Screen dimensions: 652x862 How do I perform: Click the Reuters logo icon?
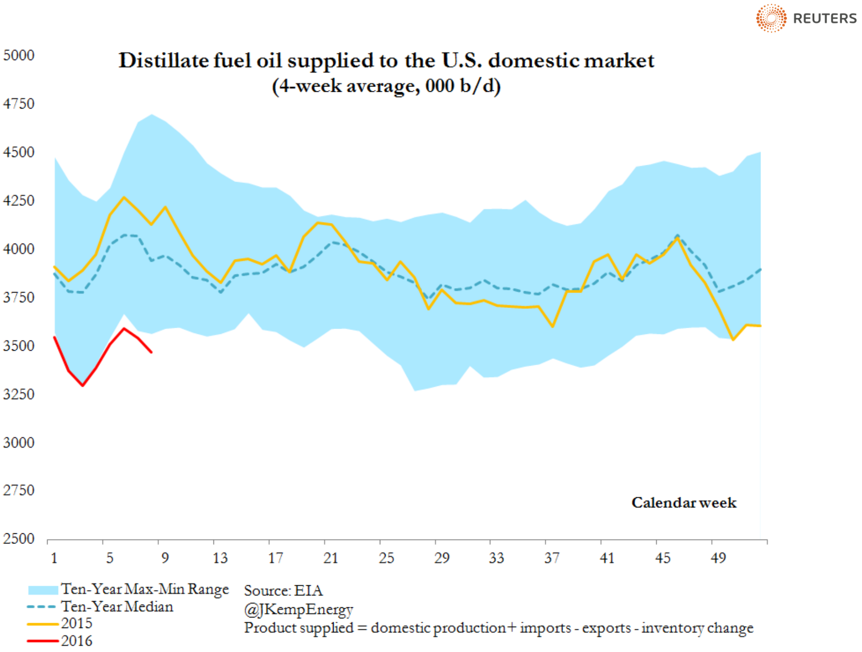[x=771, y=18]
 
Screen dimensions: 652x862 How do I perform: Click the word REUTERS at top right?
[x=825, y=19]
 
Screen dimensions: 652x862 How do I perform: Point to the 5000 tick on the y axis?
[x=19, y=55]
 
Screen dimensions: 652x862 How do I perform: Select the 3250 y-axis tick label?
[x=19, y=394]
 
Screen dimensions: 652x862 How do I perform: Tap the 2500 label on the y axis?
[x=19, y=539]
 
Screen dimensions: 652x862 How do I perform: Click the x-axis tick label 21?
[x=331, y=558]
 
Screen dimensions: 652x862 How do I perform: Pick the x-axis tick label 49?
[x=718, y=558]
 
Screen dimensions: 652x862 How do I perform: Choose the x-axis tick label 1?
[x=54, y=558]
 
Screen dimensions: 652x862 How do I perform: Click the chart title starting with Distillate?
[x=386, y=61]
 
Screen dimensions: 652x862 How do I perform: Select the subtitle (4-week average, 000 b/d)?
[x=386, y=86]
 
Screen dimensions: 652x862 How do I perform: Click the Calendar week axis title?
[x=684, y=503]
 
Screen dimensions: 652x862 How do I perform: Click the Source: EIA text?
[x=283, y=590]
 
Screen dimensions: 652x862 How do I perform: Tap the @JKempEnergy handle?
[x=298, y=609]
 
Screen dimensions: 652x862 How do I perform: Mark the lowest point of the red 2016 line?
[x=83, y=385]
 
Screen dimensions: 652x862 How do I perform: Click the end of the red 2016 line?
[x=151, y=352]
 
